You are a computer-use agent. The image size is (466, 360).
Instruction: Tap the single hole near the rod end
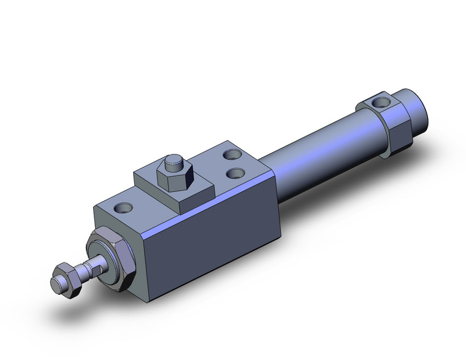pyautogui.click(x=126, y=209)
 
